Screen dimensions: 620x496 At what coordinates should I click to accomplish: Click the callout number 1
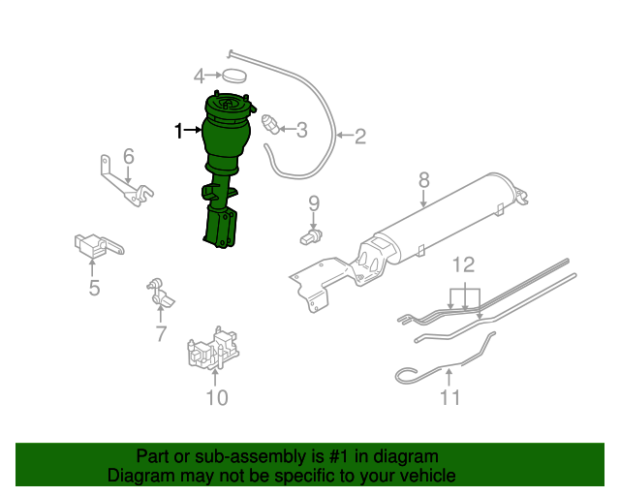[x=179, y=131]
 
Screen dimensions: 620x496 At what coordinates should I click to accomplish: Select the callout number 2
[x=359, y=137]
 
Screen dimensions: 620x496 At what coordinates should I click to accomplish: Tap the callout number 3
[x=301, y=130]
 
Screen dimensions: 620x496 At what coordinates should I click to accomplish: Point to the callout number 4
[x=200, y=76]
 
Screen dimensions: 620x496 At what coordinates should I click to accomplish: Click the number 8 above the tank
[x=424, y=180]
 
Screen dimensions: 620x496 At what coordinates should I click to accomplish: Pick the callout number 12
[x=463, y=265]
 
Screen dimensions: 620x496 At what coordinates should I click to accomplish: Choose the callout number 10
[x=217, y=397]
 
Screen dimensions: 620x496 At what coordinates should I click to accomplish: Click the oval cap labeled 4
[x=234, y=76]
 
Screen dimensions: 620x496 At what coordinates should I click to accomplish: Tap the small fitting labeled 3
[x=271, y=124]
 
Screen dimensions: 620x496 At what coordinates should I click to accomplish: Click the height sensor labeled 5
[x=98, y=245]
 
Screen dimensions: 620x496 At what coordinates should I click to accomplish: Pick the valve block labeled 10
[x=213, y=349]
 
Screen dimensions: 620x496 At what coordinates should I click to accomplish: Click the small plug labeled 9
[x=311, y=237]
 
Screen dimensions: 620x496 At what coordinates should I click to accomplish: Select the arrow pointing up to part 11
[x=449, y=377]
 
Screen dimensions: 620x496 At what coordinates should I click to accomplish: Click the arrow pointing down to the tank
[x=423, y=199]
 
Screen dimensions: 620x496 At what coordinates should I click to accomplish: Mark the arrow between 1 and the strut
[x=194, y=130]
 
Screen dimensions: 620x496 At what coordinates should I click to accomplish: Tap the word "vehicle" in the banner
[x=433, y=476]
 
